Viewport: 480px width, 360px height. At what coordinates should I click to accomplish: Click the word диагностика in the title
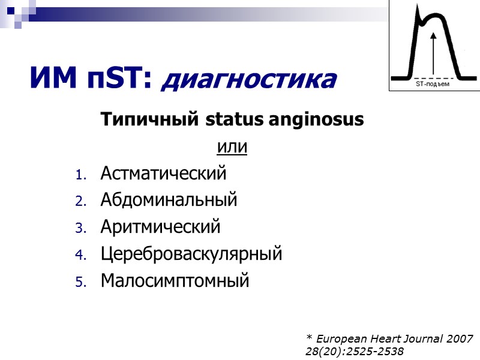tap(249, 80)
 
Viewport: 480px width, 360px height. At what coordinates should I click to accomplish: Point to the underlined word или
tap(232, 147)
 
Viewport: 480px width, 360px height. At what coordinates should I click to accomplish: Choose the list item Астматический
tap(163, 174)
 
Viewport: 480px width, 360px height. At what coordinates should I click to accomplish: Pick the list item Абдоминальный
tap(169, 200)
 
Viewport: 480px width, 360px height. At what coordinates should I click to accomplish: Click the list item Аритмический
tap(160, 227)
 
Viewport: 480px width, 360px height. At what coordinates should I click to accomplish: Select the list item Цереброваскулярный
tap(191, 254)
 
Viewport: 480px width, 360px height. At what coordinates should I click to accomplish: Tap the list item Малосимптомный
tap(174, 280)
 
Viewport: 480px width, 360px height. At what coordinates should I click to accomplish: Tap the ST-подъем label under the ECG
tap(432, 85)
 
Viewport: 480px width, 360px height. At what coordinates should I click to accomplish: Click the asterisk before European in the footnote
tap(308, 338)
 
